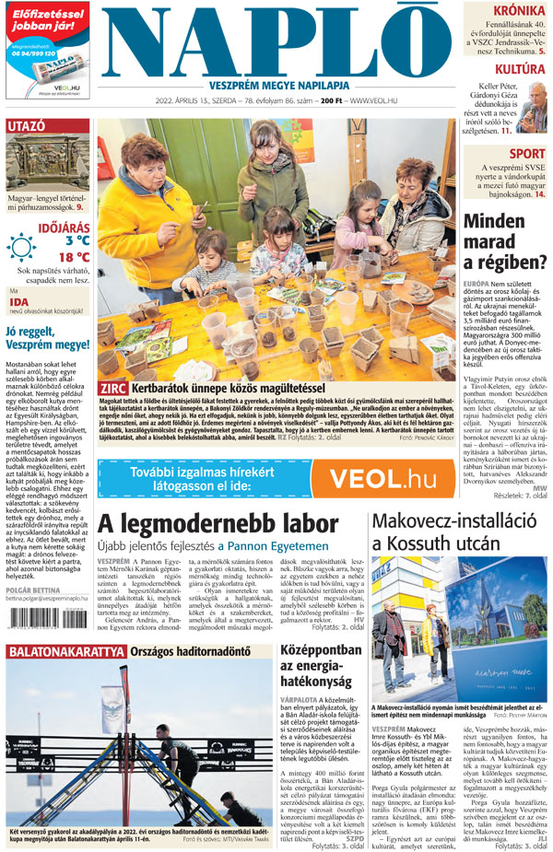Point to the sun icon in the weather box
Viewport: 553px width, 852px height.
[21, 247]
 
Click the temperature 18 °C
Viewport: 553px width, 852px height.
[74, 257]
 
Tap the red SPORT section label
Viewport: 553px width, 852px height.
[526, 154]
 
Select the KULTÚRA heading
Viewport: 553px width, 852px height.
[520, 69]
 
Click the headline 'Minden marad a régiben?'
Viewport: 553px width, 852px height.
[505, 242]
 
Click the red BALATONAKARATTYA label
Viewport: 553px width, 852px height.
[65, 652]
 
